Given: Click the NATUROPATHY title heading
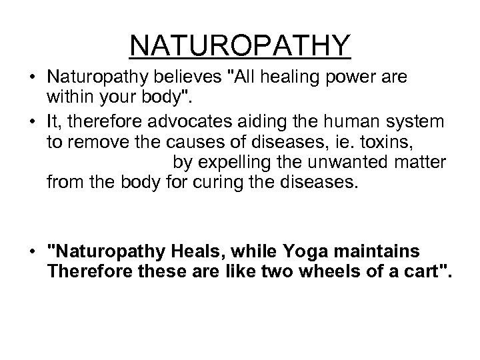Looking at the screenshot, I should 240,45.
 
